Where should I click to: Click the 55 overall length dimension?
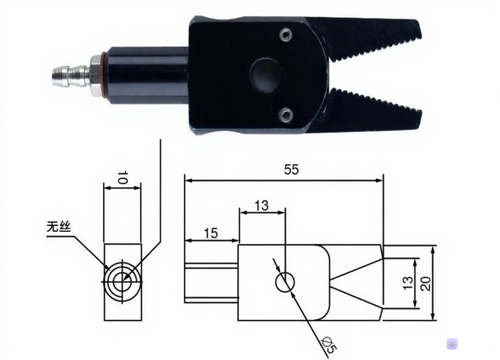click(x=290, y=169)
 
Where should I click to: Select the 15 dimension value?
click(x=211, y=235)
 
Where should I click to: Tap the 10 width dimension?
click(x=121, y=177)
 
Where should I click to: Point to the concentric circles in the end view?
click(x=122, y=280)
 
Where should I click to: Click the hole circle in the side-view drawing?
click(x=285, y=282)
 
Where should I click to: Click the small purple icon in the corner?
click(x=452, y=342)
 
